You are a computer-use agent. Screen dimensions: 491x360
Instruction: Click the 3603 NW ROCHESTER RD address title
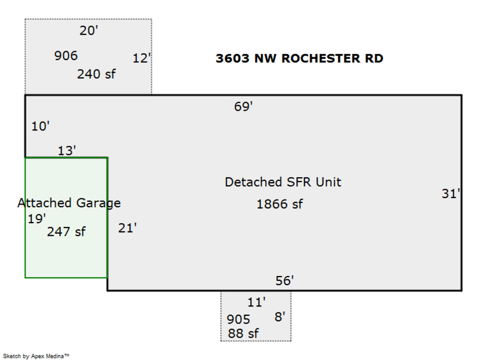click(x=300, y=58)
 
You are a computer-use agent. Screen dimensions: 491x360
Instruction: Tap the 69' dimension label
click(x=243, y=106)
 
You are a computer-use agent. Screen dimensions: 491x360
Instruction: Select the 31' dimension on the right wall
click(x=451, y=194)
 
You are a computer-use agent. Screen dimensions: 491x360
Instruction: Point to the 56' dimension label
click(x=285, y=280)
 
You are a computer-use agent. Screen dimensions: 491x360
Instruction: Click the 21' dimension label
click(x=128, y=228)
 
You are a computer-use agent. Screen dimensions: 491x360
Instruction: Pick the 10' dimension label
click(x=40, y=126)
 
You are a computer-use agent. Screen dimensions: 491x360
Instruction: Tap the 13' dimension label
click(x=67, y=151)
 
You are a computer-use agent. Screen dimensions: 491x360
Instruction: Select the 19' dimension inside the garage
click(x=37, y=219)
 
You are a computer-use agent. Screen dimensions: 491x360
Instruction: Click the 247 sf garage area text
click(x=66, y=232)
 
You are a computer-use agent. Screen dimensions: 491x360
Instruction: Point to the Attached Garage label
click(x=69, y=203)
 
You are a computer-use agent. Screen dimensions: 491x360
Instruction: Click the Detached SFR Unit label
click(x=283, y=182)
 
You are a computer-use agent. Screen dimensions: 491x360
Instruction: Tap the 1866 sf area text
click(x=280, y=204)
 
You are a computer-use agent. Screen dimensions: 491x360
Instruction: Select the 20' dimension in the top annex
click(x=88, y=31)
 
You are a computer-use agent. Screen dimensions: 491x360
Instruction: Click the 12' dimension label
click(x=142, y=58)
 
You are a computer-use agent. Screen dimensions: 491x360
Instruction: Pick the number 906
click(x=66, y=56)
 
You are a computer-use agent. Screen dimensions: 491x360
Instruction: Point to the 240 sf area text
click(x=97, y=74)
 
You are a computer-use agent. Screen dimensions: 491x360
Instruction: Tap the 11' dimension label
click(x=256, y=302)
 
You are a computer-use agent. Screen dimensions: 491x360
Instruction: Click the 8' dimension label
click(x=280, y=317)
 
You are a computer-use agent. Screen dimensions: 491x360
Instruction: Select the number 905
click(x=238, y=319)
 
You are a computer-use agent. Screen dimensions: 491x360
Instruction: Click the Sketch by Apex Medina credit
click(x=36, y=356)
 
